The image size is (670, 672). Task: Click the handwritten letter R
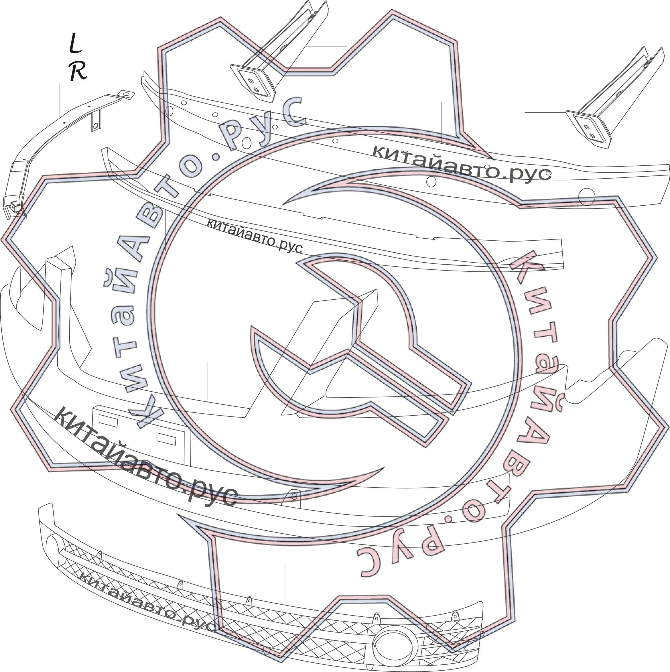tap(78, 71)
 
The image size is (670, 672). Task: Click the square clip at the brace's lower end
tap(14, 206)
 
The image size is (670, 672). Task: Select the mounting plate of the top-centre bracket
tap(253, 83)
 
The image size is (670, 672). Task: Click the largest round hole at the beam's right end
tap(586, 197)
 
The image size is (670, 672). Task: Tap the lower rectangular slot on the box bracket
tap(166, 439)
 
